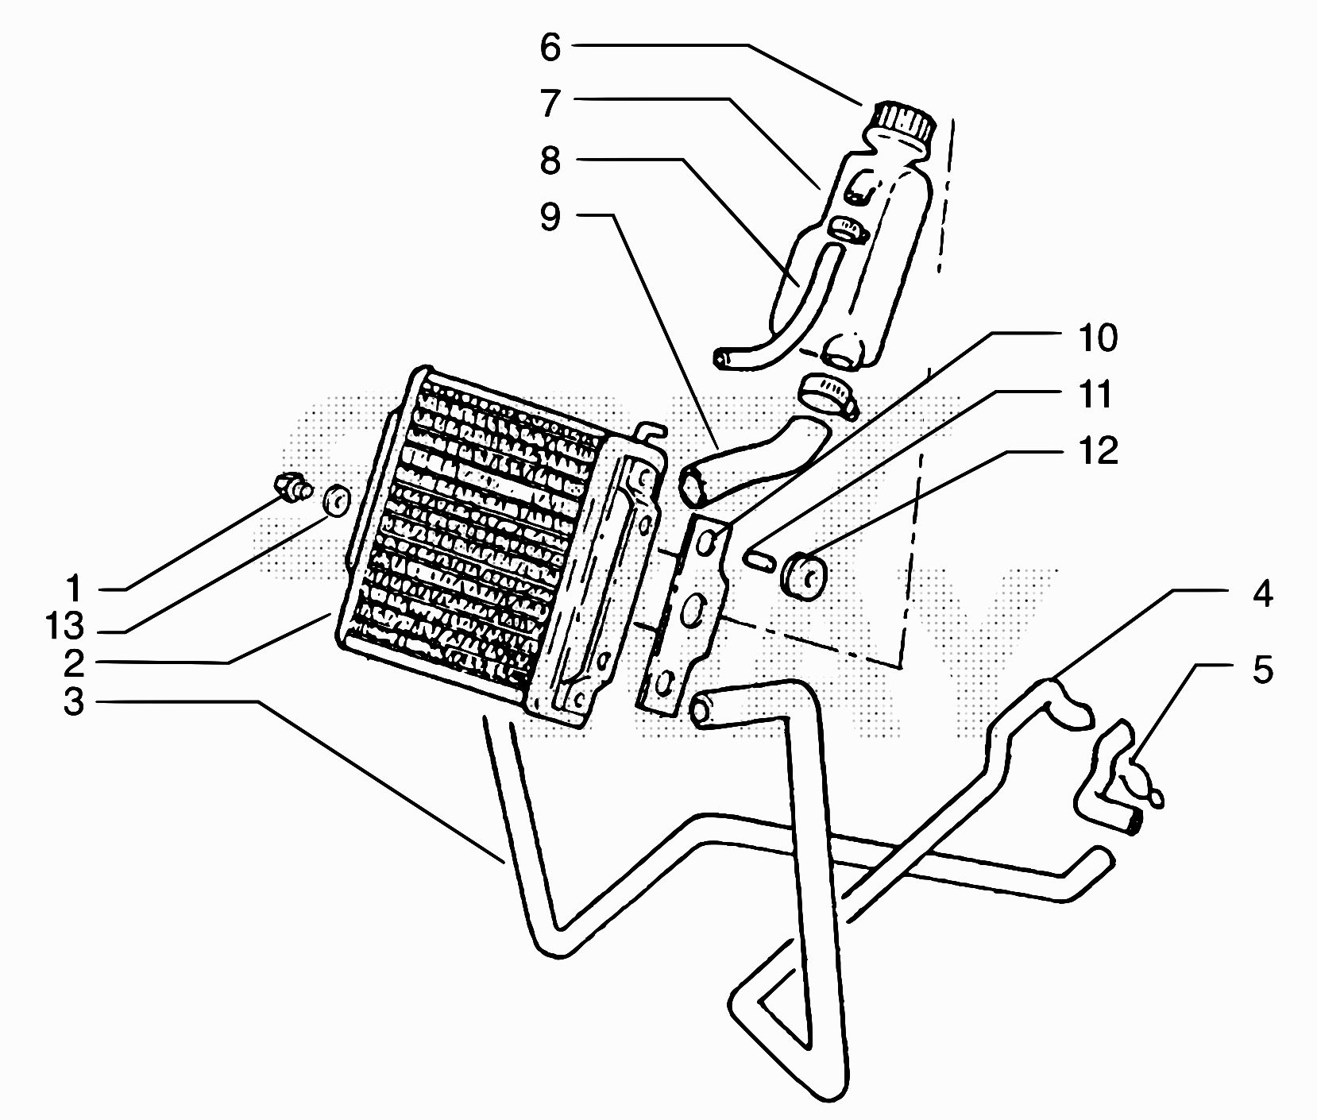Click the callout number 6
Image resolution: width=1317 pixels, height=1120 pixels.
tap(550, 48)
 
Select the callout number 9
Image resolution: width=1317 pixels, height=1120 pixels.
tap(550, 216)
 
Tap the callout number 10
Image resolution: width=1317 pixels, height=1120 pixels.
tap(1097, 338)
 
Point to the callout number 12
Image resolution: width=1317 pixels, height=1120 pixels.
tap(1097, 450)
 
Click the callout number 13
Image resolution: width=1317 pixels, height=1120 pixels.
tap(64, 627)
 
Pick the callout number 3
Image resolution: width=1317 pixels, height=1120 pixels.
tap(74, 702)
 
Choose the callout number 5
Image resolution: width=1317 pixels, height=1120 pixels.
tap(1262, 669)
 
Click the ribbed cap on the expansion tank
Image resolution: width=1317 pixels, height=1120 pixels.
tap(902, 123)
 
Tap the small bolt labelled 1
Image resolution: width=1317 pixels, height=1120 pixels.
tap(292, 487)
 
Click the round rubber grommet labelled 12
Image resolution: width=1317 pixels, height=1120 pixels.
tap(804, 575)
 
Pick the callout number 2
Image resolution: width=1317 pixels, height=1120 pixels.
tap(74, 662)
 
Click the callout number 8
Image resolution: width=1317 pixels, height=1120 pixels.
tap(550, 160)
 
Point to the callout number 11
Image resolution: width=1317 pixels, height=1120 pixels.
tap(1097, 394)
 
